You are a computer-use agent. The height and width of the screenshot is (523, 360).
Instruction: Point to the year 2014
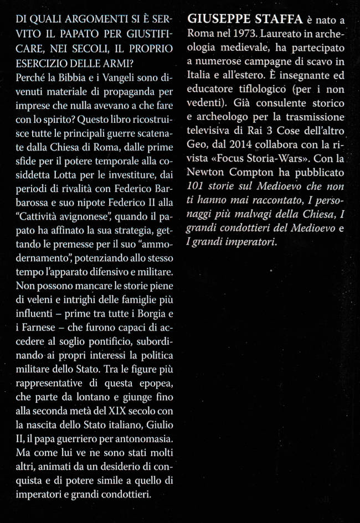pos(241,146)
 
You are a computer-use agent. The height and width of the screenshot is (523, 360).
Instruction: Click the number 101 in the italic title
pos(195,187)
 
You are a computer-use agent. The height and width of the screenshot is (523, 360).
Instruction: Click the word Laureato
pos(282,33)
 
